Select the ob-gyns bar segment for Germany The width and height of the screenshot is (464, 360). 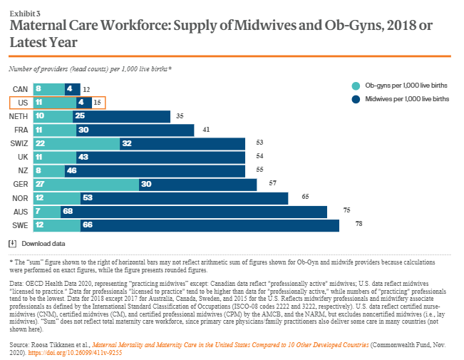point(86,185)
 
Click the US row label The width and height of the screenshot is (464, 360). point(22,103)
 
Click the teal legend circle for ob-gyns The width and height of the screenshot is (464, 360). point(354,86)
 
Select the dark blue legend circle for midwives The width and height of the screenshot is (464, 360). point(354,99)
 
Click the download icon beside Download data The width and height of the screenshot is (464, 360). point(13,244)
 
